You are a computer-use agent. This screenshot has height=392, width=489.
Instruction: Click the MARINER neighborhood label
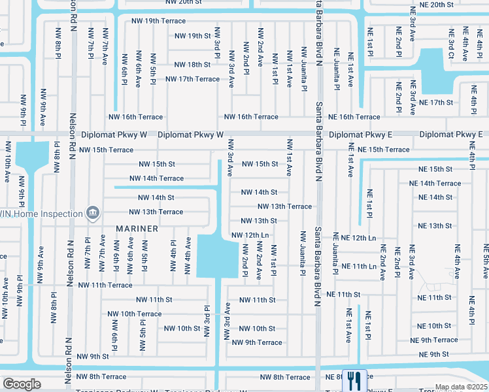point(137,229)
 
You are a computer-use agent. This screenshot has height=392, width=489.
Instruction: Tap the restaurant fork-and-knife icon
point(354,378)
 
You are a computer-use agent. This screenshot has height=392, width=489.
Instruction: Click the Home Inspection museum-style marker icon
point(93,213)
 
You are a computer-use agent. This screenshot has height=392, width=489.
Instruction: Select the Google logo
point(22,384)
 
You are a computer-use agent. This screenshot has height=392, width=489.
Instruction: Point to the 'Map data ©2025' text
point(460,387)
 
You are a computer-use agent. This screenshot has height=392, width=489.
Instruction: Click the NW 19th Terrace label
point(156,21)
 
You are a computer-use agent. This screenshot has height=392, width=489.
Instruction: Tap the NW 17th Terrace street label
point(192,79)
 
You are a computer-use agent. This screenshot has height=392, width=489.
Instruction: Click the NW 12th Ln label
point(250,235)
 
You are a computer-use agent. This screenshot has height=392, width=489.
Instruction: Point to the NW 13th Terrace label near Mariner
point(156,212)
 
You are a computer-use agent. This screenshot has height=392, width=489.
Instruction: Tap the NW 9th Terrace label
point(257,342)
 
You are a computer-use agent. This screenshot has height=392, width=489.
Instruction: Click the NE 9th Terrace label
point(434,340)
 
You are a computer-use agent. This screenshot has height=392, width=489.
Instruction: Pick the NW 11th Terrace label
point(105,285)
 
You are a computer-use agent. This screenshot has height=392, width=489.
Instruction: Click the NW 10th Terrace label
point(135,314)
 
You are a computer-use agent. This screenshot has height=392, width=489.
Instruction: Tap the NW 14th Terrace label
point(156,178)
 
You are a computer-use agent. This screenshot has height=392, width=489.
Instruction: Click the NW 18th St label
point(192,65)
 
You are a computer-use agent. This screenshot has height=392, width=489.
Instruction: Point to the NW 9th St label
point(92,357)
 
